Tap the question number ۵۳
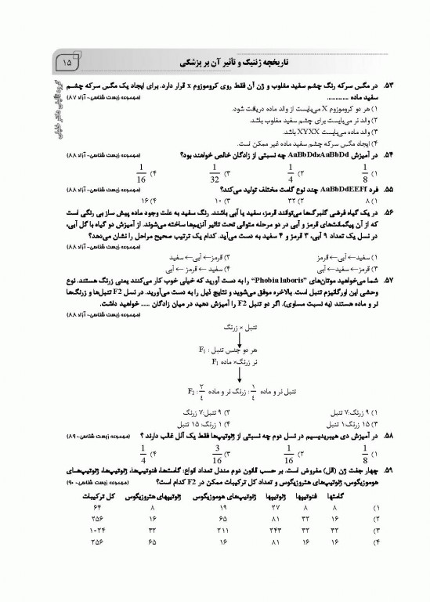pyautogui.click(x=385, y=83)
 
